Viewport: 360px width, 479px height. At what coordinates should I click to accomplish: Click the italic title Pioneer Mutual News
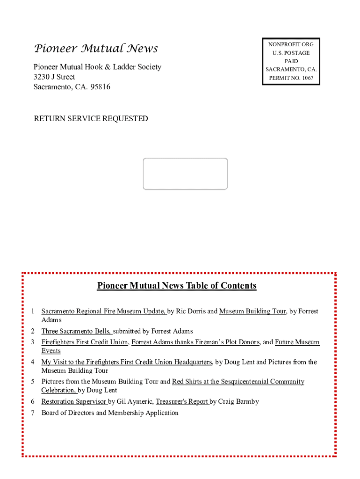pos(96,49)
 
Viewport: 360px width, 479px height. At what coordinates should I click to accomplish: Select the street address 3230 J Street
pos(54,77)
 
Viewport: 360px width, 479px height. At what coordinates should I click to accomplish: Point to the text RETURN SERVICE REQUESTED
pos(91,119)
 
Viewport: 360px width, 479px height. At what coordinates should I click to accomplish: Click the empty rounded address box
pos(185,174)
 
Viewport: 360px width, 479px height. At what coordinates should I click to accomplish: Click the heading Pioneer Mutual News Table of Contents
pos(177,286)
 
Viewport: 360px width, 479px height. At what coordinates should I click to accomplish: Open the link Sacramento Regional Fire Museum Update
pos(103,311)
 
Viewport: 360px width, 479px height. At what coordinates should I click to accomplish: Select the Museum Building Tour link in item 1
pos(252,311)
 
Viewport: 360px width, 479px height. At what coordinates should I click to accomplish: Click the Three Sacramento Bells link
pos(76,331)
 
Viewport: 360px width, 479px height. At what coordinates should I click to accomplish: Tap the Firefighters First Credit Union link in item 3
pos(85,342)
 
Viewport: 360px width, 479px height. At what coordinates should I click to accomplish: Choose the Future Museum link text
pos(297,342)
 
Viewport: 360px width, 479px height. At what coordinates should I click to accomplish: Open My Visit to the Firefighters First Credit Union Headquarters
pos(126,362)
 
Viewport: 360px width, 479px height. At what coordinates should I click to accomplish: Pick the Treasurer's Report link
pos(182,401)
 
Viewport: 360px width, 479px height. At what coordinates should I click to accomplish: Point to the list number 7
pos(33,413)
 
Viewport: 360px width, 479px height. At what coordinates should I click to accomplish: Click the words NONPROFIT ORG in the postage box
pos(291,44)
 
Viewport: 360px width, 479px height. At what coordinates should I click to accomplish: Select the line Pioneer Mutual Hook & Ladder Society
pos(97,67)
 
